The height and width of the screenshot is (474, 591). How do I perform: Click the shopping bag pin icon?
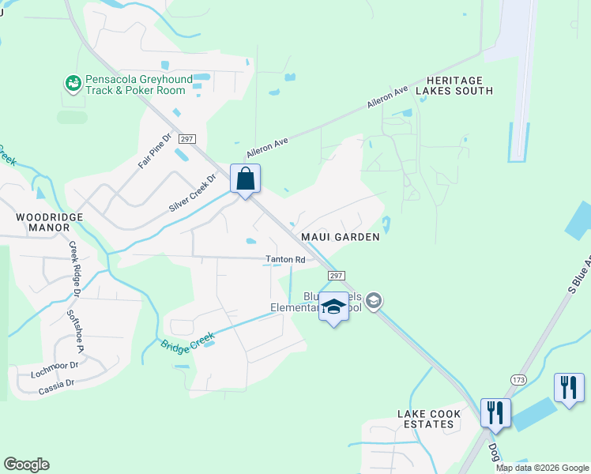246,179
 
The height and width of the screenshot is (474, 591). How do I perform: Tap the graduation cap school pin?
333,307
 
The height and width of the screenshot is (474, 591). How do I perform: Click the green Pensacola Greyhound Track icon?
73,82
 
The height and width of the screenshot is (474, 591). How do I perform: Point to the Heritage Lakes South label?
459,85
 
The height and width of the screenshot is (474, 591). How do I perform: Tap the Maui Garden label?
340,236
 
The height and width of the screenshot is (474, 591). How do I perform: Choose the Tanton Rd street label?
284,259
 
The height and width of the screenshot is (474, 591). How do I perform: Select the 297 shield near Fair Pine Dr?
186,138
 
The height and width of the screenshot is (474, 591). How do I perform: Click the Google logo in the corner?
26,465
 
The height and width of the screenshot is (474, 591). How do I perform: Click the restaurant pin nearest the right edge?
569,388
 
